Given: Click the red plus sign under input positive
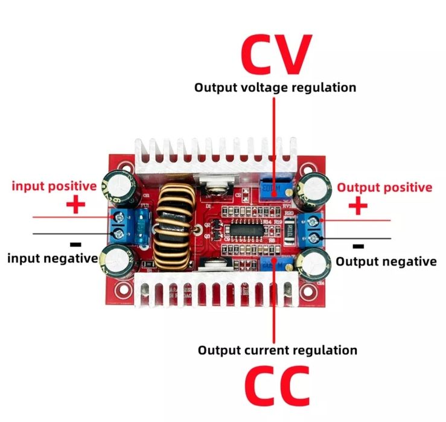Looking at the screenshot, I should pyautogui.click(x=75, y=205).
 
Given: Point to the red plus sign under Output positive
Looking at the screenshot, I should pyautogui.click(x=358, y=206).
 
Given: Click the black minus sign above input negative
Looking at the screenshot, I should pyautogui.click(x=75, y=245).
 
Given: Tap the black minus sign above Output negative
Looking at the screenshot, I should pyautogui.click(x=358, y=246).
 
